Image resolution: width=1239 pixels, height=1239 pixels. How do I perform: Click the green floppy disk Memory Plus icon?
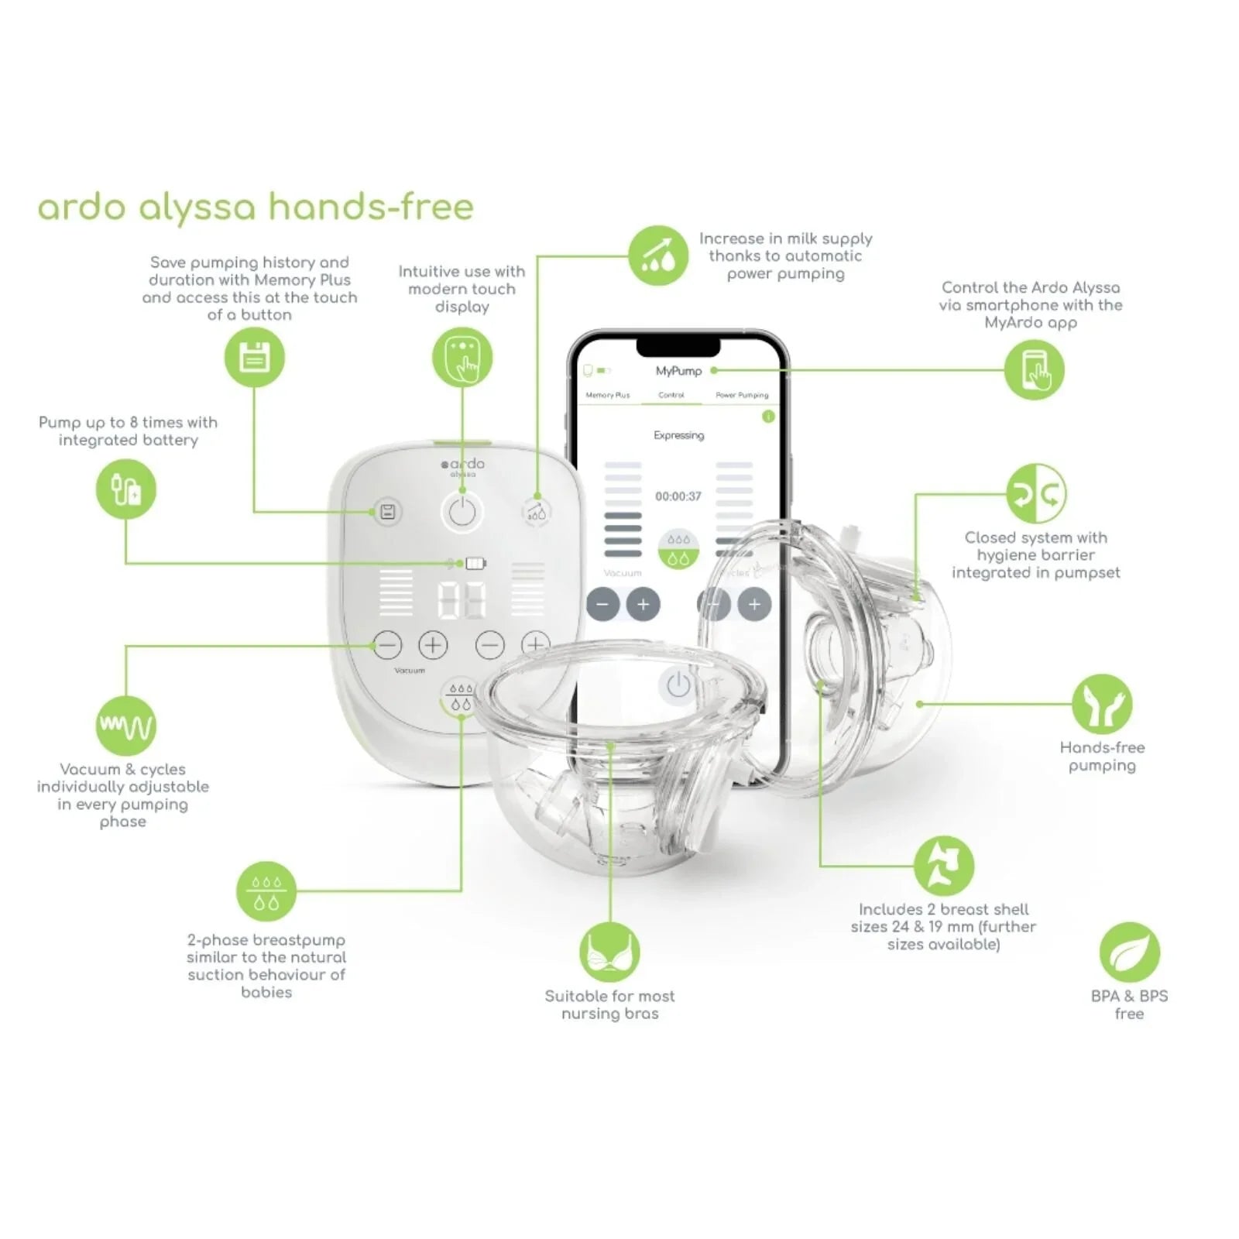point(254,358)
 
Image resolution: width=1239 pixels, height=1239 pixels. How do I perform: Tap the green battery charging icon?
point(125,489)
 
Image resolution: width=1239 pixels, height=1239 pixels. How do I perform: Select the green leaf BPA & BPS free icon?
point(1129,952)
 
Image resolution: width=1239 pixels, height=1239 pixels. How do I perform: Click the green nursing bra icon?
point(609,952)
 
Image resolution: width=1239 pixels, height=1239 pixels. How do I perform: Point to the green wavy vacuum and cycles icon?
point(125,726)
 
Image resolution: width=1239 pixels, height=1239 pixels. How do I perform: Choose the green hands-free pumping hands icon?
point(1101,704)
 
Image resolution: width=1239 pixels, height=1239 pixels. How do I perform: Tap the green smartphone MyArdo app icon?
point(1034,370)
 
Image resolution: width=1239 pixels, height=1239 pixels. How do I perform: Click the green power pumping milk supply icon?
point(657,256)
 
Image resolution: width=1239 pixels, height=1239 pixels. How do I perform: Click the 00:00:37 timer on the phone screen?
point(678,496)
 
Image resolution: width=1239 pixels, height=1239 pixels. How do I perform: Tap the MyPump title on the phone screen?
point(678,371)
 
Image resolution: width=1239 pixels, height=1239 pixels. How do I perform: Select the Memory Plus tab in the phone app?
point(608,395)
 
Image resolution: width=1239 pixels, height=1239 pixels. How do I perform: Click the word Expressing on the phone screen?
point(678,435)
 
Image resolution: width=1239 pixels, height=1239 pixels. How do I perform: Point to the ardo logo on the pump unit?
point(463,465)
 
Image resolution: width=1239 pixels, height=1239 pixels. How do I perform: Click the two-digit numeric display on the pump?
point(462,599)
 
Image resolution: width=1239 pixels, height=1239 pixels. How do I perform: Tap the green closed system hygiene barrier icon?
point(1036,493)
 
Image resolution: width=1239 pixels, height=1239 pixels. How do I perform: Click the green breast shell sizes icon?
point(943,865)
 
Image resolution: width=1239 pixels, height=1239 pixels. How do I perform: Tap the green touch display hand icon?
point(462,358)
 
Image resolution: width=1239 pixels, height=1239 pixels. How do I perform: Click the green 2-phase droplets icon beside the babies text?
point(266,891)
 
